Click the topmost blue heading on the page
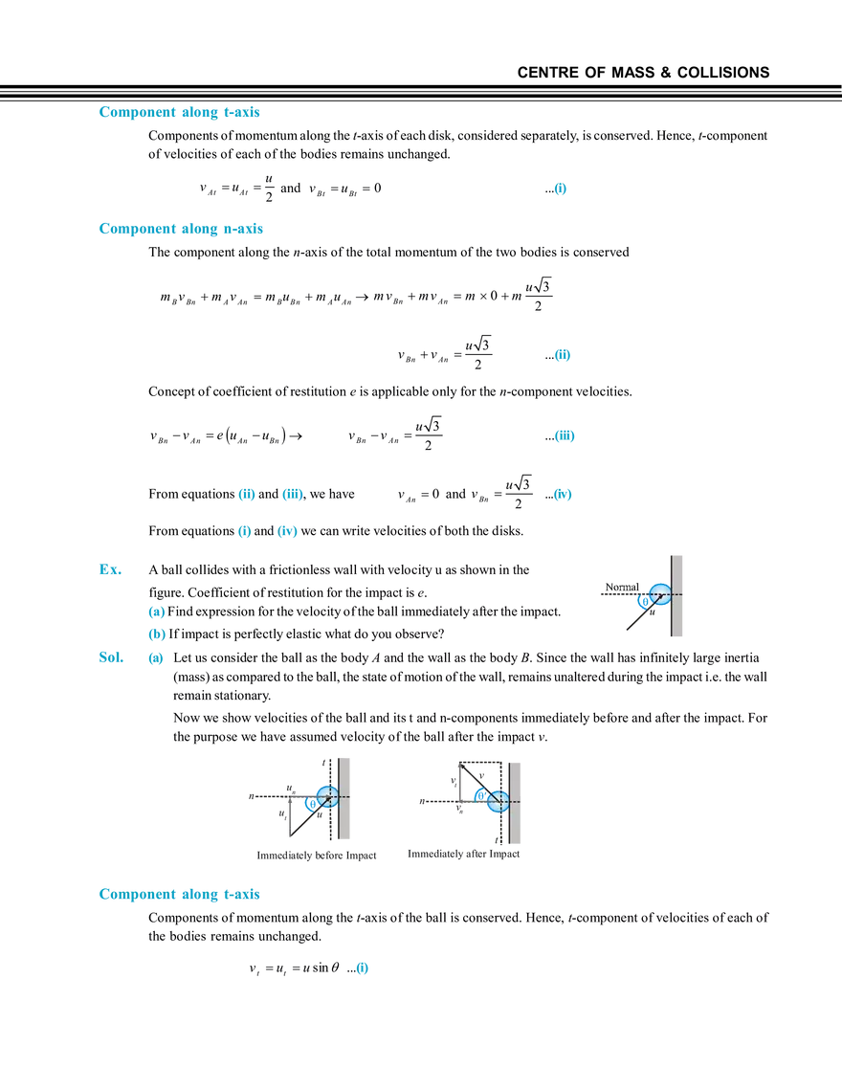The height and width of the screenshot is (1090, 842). (x=179, y=113)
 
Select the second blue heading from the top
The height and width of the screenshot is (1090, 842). (x=179, y=230)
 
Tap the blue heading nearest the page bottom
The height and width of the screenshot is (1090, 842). (x=179, y=895)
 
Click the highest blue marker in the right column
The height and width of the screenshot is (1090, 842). (x=562, y=189)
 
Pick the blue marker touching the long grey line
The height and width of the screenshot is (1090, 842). (x=565, y=437)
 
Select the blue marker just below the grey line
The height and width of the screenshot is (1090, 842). (x=563, y=495)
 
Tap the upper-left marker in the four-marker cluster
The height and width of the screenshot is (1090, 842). (x=247, y=495)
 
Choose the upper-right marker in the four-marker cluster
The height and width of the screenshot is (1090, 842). (x=293, y=495)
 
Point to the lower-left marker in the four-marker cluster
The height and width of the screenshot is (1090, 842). (x=244, y=532)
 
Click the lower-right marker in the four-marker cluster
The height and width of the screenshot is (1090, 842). (x=287, y=532)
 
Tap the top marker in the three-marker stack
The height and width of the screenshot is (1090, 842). (x=157, y=612)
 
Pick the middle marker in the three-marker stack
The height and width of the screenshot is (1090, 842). (x=157, y=634)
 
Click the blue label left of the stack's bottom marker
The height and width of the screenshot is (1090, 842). (x=110, y=658)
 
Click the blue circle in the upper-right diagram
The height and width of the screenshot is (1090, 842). (x=658, y=594)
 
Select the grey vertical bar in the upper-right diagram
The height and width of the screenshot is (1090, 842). (x=678, y=596)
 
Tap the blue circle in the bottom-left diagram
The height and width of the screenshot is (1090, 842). (x=326, y=796)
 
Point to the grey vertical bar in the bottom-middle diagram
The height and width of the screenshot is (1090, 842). (x=517, y=803)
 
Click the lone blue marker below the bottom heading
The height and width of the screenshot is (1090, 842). (x=363, y=969)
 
